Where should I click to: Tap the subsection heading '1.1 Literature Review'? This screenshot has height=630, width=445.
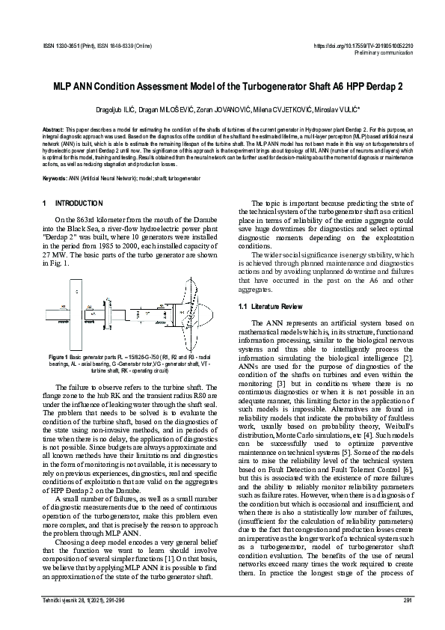pyautogui.click(x=271, y=307)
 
